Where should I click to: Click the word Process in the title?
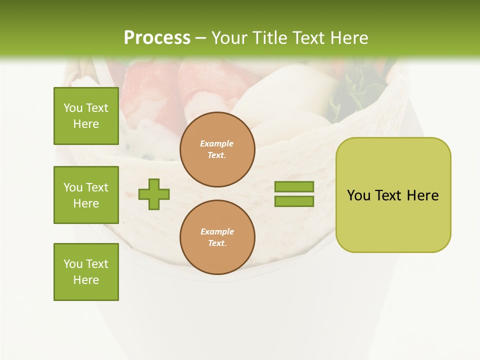pyautogui.click(x=157, y=38)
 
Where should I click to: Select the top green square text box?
pyautogui.click(x=86, y=116)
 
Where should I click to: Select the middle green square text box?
pyautogui.click(x=86, y=195)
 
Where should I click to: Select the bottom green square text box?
pyautogui.click(x=86, y=272)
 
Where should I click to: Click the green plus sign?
pyautogui.click(x=154, y=194)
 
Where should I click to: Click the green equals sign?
pyautogui.click(x=294, y=194)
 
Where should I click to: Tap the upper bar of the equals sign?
pyautogui.click(x=294, y=187)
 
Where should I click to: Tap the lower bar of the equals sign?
pyautogui.click(x=294, y=201)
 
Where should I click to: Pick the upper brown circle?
pyautogui.click(x=217, y=149)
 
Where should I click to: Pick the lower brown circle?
pyautogui.click(x=217, y=237)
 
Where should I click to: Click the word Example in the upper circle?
pyautogui.click(x=216, y=143)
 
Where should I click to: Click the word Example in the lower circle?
pyautogui.click(x=217, y=231)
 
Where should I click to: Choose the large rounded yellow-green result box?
pyautogui.click(x=393, y=195)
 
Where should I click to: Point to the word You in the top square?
pyautogui.click(x=73, y=108)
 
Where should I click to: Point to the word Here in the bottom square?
pyautogui.click(x=86, y=280)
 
